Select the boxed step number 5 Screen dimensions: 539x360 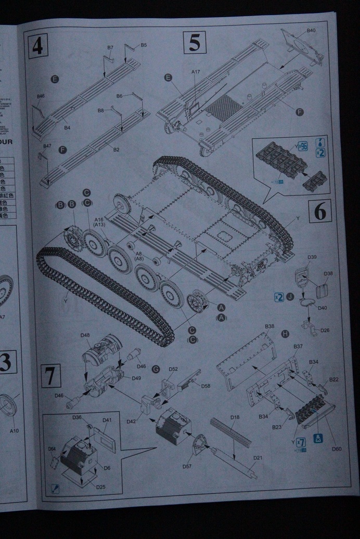click(194, 43)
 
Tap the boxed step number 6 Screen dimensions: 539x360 click(320, 212)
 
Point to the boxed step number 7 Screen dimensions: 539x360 click(50, 376)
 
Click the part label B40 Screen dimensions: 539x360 click(311, 31)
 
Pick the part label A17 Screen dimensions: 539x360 click(196, 71)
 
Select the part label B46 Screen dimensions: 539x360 click(41, 96)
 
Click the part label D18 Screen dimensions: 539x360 click(235, 417)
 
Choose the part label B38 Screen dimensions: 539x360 click(269, 326)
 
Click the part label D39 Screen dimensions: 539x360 click(312, 257)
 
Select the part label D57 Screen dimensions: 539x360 click(187, 466)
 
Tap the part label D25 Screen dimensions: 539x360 click(101, 487)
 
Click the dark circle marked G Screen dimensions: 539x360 click(155, 368)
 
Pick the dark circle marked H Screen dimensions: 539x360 click(285, 333)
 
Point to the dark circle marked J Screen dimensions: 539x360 click(290, 297)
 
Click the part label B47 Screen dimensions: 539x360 click(47, 146)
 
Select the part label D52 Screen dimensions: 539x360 click(173, 369)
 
